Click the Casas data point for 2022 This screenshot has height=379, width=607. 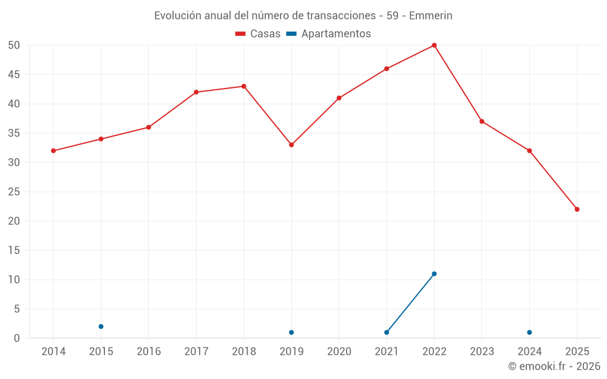tap(434, 45)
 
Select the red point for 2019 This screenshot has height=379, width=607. tap(291, 145)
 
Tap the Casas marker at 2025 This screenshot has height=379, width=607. tap(577, 209)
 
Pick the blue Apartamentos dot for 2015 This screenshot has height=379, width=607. tap(101, 327)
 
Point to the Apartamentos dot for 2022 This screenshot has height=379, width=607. tap(434, 273)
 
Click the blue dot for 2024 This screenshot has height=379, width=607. tap(529, 332)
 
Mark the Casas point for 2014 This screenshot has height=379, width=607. tap(53, 150)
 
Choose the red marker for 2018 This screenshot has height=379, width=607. tap(244, 86)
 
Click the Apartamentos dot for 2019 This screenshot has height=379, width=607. tap(291, 332)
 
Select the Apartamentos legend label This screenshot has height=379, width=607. tap(336, 34)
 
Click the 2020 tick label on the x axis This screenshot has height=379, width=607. tap(339, 352)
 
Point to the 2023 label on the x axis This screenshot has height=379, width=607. tap(482, 352)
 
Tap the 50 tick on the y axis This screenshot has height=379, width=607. tap(15, 45)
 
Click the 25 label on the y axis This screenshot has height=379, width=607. tap(15, 192)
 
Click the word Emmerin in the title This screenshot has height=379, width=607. tap(431, 16)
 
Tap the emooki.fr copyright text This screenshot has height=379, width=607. tap(554, 366)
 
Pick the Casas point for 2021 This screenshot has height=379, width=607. tap(387, 69)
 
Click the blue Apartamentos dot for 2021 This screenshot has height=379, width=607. tap(387, 332)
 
